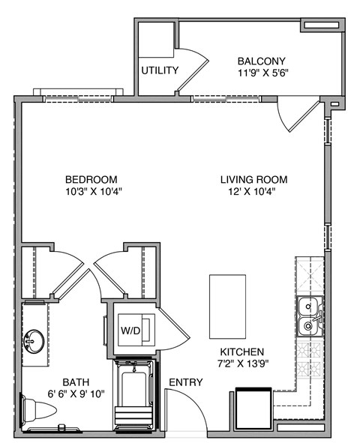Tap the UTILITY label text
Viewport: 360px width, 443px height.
click(160, 71)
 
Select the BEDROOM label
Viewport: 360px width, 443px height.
click(91, 179)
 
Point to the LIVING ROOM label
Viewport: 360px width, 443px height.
click(253, 179)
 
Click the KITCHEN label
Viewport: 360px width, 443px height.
click(241, 352)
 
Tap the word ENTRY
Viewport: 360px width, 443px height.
click(185, 382)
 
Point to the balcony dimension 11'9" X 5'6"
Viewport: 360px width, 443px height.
click(262, 74)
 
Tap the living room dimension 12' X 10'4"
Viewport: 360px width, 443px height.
click(253, 192)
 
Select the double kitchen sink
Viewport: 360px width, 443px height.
click(308, 316)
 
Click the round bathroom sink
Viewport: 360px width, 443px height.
click(33, 342)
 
